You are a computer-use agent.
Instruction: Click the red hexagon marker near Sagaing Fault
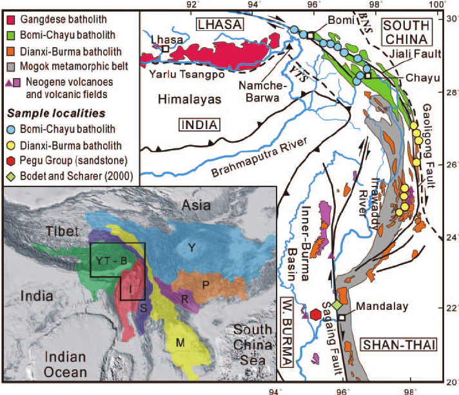[315, 314]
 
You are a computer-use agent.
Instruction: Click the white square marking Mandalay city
[342, 318]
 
